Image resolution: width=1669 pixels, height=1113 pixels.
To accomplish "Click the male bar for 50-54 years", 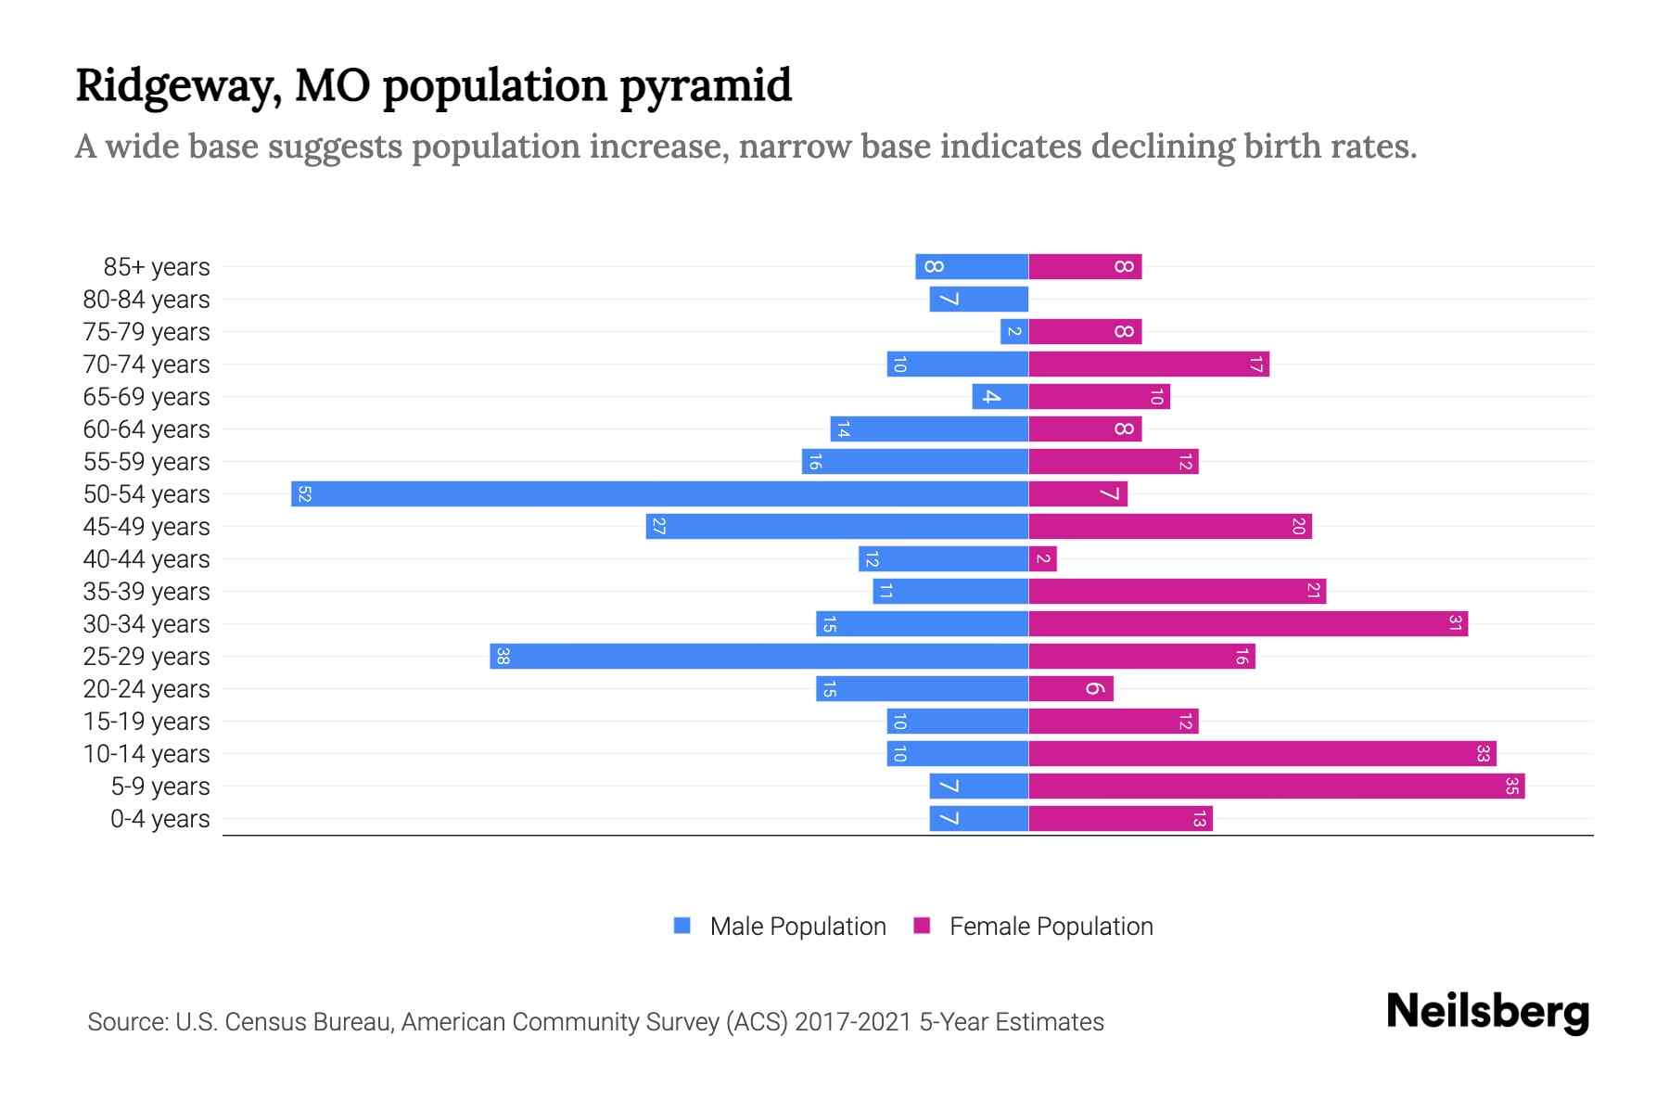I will pyautogui.click(x=659, y=493).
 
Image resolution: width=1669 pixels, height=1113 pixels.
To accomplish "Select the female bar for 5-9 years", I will pyautogui.click(x=1276, y=786).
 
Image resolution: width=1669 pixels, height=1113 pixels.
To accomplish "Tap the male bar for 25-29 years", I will pyautogui.click(x=758, y=656).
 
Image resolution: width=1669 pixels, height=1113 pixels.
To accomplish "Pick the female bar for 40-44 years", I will pyautogui.click(x=1042, y=558).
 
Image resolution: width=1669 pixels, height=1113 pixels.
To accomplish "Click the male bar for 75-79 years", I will pyautogui.click(x=1013, y=331).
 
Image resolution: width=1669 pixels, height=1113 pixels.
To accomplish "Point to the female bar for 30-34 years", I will pyautogui.click(x=1248, y=623).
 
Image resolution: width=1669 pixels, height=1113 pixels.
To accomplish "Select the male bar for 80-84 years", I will pyautogui.click(x=978, y=299).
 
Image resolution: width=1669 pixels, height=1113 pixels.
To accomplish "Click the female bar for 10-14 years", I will pyautogui.click(x=1262, y=753).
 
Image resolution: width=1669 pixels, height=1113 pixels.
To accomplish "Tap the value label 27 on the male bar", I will pyautogui.click(x=658, y=527).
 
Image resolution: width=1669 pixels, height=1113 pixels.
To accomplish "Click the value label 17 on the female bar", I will pyautogui.click(x=1255, y=365).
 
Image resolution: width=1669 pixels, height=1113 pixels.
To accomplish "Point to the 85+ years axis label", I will pyautogui.click(x=157, y=267).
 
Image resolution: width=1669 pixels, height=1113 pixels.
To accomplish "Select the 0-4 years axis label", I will pyautogui.click(x=159, y=819).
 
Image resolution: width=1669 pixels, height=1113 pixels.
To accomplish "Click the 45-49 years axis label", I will pyautogui.click(x=147, y=527).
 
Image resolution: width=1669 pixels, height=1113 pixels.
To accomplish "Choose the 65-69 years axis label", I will pyautogui.click(x=147, y=397).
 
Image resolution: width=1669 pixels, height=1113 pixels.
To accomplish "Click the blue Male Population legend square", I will pyautogui.click(x=682, y=926).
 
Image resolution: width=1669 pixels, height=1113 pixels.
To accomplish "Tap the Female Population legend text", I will pyautogui.click(x=1051, y=926).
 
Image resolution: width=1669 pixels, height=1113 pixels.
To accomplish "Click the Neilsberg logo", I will pyautogui.click(x=1487, y=1012).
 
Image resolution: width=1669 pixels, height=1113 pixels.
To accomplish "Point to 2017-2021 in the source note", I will pyautogui.click(x=853, y=1022).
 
